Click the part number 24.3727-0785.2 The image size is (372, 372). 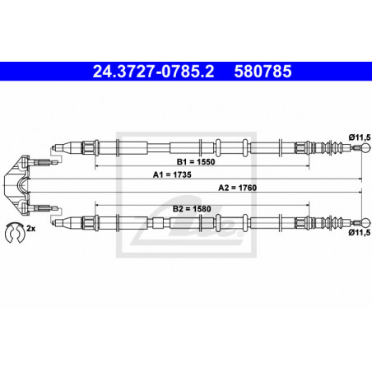[153, 72]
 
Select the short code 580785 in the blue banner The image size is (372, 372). [263, 72]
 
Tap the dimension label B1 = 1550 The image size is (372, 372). [196, 162]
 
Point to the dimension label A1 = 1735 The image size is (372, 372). [172, 174]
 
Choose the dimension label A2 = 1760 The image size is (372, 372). [238, 188]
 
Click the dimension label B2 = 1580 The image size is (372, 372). [192, 209]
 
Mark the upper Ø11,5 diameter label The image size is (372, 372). [360, 137]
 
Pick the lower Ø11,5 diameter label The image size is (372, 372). [360, 233]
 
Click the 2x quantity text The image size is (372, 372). [30, 228]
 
